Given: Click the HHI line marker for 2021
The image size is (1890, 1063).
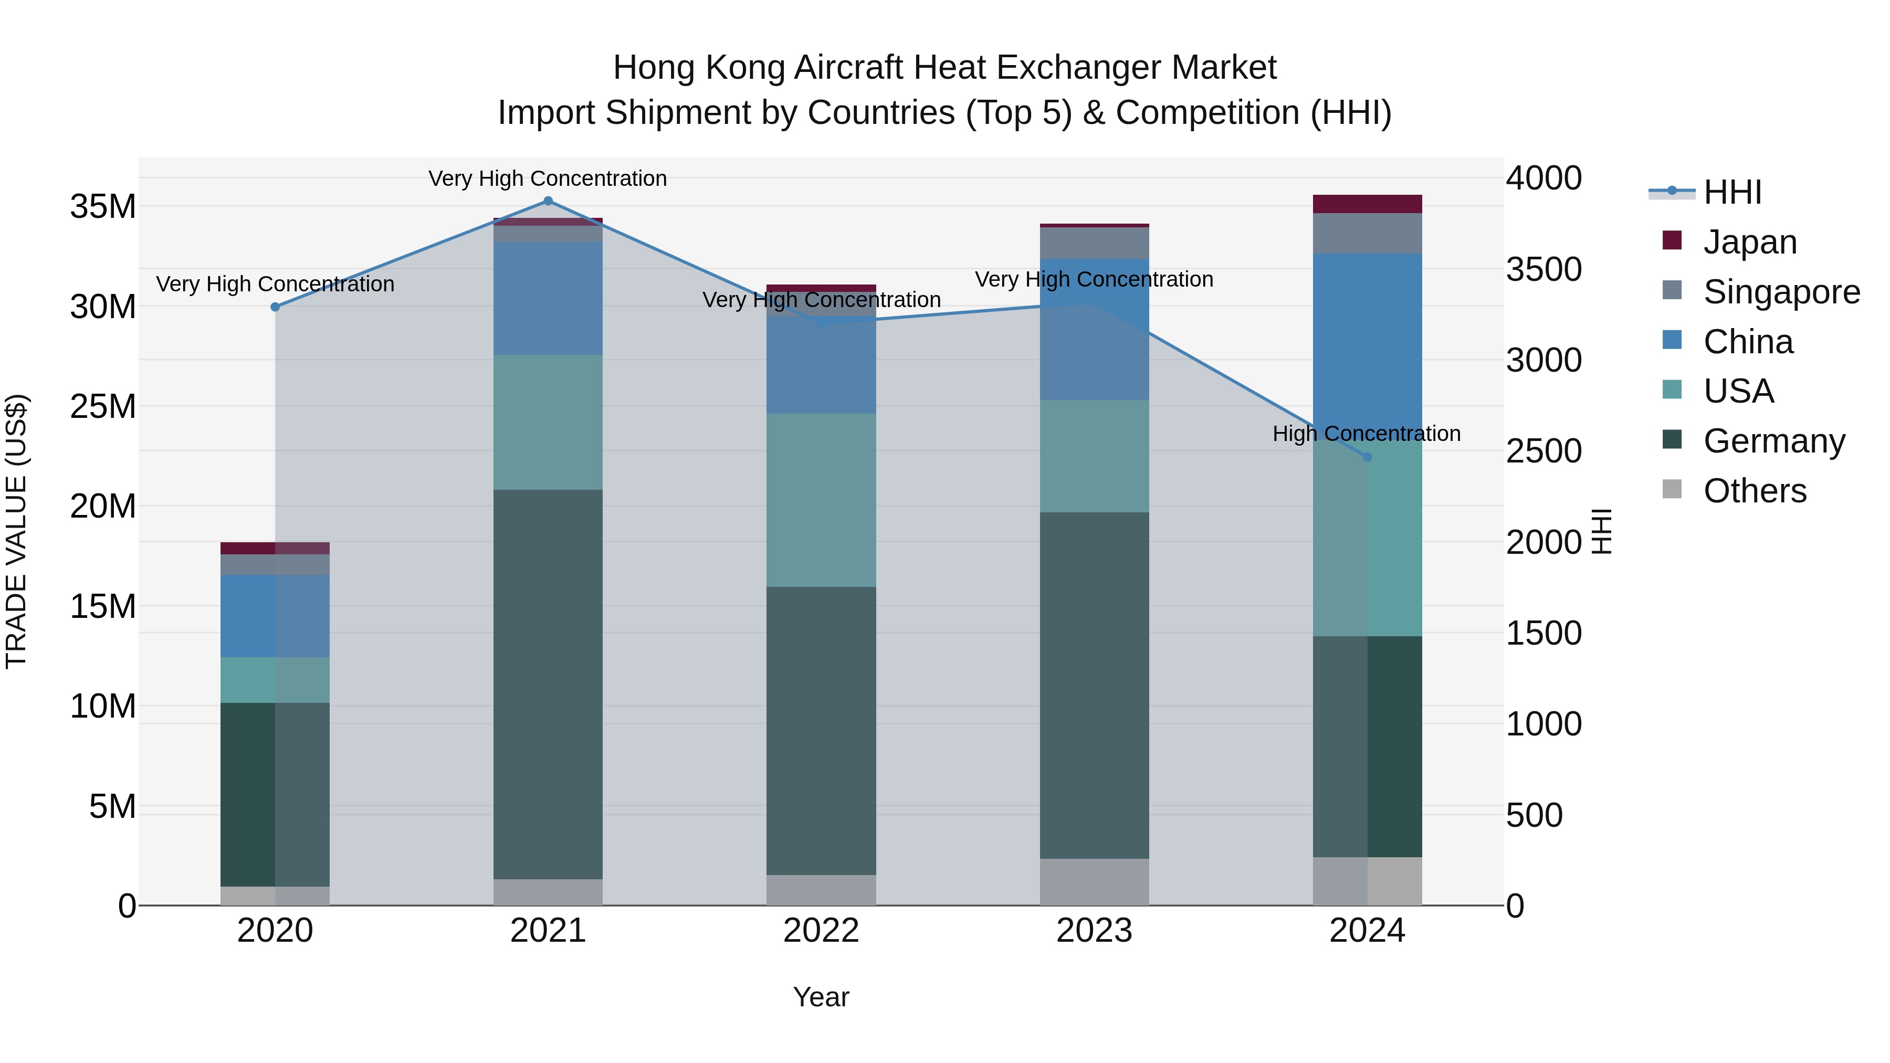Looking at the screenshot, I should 548,201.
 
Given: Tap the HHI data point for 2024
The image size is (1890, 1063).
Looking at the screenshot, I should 1367,457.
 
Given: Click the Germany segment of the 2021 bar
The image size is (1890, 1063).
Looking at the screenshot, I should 548,682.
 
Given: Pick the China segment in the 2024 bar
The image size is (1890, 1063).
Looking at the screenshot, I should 1367,345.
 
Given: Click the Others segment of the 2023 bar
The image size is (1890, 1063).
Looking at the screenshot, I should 1094,882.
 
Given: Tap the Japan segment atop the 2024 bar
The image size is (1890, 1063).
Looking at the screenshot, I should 1367,204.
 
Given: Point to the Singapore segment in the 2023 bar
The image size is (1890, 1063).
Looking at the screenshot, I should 1094,243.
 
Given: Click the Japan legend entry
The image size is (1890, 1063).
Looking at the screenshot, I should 1749,242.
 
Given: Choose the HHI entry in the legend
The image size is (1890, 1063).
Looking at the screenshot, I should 1731,192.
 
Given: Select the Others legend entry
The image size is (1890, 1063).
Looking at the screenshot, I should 1753,491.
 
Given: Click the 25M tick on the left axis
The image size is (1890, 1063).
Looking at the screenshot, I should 103,406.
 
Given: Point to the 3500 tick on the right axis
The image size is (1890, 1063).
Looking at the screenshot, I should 1543,269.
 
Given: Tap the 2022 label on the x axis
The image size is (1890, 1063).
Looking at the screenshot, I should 821,931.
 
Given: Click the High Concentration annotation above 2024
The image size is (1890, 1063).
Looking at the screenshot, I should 1366,434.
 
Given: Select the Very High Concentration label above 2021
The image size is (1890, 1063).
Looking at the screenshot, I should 548,178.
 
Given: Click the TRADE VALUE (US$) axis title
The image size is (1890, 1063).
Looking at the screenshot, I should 16,531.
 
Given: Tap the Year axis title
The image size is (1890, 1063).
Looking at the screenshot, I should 821,997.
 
